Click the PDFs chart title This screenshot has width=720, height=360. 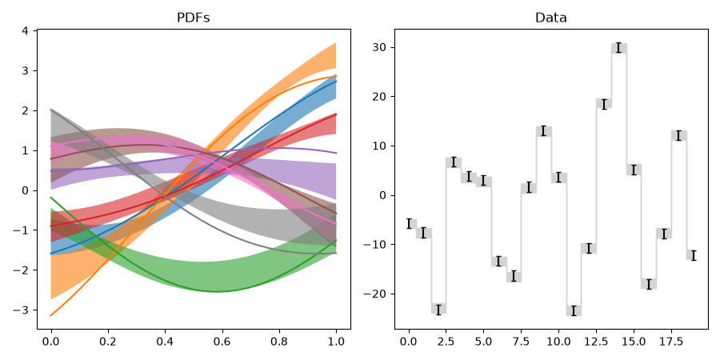194,18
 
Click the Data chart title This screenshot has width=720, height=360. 551,18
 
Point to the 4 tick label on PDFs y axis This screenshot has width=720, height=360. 25,30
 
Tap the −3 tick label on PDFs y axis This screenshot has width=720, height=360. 21,310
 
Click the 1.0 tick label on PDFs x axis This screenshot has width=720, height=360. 337,342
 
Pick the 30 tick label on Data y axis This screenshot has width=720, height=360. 380,48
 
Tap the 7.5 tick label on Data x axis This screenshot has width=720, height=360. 521,342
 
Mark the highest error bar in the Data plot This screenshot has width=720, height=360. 618,48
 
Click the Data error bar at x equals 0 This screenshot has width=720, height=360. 409,224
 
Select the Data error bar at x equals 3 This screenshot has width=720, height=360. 454,162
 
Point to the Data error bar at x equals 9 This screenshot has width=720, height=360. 544,131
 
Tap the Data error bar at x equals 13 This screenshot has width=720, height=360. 604,104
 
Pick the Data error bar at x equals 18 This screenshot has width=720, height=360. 678,135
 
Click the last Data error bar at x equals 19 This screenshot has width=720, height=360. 694,255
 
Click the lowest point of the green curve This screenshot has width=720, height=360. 217,291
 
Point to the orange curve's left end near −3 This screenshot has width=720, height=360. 51,315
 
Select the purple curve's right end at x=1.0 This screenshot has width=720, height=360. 337,153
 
